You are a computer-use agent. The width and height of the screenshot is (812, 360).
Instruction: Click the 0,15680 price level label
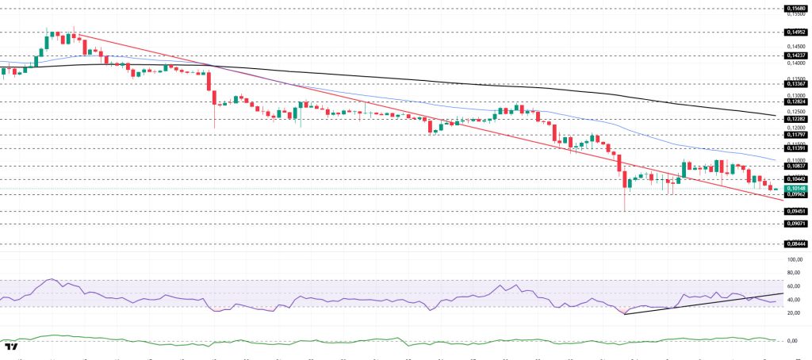click(x=796, y=8)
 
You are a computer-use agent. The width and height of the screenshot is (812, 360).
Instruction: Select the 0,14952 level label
click(x=796, y=33)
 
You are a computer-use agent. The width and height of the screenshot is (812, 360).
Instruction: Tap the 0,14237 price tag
click(x=796, y=56)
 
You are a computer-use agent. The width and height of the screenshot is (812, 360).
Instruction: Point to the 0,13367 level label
click(x=796, y=83)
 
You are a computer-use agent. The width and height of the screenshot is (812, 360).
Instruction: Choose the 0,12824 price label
click(x=796, y=101)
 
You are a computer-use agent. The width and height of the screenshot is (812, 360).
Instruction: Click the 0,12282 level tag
click(x=796, y=119)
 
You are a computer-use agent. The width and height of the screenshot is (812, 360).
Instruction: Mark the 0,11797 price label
click(x=796, y=135)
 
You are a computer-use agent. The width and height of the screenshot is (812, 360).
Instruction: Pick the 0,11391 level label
click(x=796, y=148)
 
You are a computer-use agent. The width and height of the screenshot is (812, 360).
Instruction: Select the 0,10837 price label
click(x=796, y=166)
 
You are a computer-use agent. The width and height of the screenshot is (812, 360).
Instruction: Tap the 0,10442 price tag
click(x=796, y=179)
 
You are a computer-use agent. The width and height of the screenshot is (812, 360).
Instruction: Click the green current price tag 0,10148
click(x=796, y=188)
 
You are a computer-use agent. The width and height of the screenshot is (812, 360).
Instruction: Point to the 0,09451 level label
click(x=796, y=212)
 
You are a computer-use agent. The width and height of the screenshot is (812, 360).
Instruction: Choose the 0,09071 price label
click(x=796, y=224)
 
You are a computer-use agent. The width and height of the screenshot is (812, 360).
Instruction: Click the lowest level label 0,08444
click(x=796, y=244)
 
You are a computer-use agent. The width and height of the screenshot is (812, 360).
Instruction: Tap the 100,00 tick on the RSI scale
click(x=794, y=259)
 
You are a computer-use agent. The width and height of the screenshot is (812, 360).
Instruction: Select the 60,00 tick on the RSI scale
click(x=793, y=285)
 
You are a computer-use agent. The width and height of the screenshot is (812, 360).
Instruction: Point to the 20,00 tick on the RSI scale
click(x=793, y=313)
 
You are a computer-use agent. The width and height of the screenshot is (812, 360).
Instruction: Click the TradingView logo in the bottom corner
click(x=12, y=347)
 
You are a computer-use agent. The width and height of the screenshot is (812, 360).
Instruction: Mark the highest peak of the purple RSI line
click(x=52, y=279)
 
